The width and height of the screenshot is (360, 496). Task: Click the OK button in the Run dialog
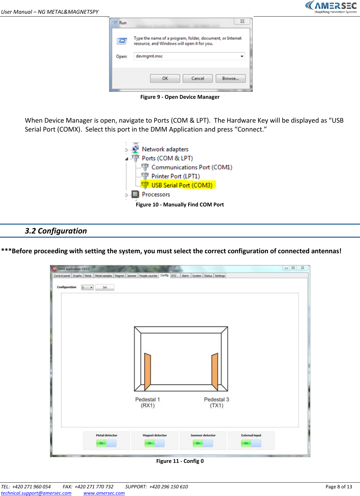[165, 78]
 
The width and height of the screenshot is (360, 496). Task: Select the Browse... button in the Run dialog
[230, 78]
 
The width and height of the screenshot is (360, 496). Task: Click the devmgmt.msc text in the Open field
[149, 56]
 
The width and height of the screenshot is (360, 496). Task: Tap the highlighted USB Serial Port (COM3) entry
[181, 185]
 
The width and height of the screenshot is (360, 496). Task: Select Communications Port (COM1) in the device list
[192, 167]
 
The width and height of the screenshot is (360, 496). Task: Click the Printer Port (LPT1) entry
[175, 176]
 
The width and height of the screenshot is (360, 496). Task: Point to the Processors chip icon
[135, 194]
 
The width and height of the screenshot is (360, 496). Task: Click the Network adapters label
[165, 149]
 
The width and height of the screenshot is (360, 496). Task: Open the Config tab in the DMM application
[164, 275]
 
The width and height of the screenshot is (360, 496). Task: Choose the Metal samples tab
[103, 276]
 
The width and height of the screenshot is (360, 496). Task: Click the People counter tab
[148, 276]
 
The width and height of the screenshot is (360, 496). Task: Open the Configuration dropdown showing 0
[87, 287]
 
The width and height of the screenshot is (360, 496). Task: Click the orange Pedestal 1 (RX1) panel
[147, 371]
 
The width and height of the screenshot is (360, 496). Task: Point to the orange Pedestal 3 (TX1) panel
[215, 371]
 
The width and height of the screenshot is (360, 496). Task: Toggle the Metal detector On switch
[106, 443]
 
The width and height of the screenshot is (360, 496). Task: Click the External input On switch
[251, 443]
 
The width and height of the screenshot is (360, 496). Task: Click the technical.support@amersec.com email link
[36, 493]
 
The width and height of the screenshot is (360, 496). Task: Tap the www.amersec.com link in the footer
[104, 493]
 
